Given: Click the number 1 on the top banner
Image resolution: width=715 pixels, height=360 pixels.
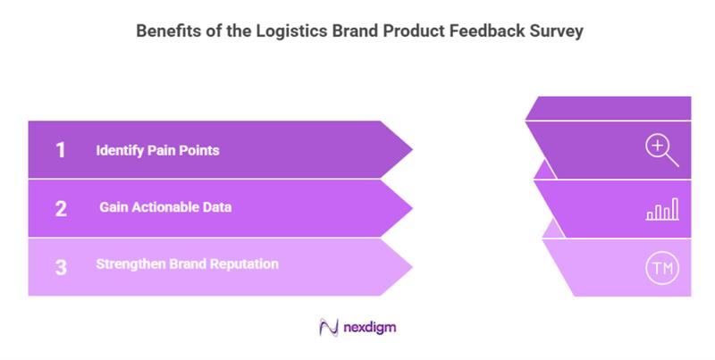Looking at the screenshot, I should click(x=61, y=150).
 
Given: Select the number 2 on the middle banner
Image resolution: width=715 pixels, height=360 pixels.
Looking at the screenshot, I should click(x=61, y=208).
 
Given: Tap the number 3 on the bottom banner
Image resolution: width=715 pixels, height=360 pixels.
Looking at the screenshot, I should click(x=61, y=266).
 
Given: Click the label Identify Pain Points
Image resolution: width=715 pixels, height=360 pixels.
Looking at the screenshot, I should click(x=157, y=150).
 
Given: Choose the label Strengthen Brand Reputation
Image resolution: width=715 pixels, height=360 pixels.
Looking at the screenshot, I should click(x=187, y=264).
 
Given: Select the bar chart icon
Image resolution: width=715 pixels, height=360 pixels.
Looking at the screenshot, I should click(x=661, y=210).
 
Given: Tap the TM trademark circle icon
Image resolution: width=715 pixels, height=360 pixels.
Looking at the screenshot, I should click(x=661, y=267).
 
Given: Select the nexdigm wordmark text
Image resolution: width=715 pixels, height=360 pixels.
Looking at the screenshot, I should click(x=369, y=328).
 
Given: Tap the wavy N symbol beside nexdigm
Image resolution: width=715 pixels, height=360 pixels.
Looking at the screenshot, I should click(x=327, y=328).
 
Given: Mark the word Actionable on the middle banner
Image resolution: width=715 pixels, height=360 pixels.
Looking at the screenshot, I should click(x=175, y=208).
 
